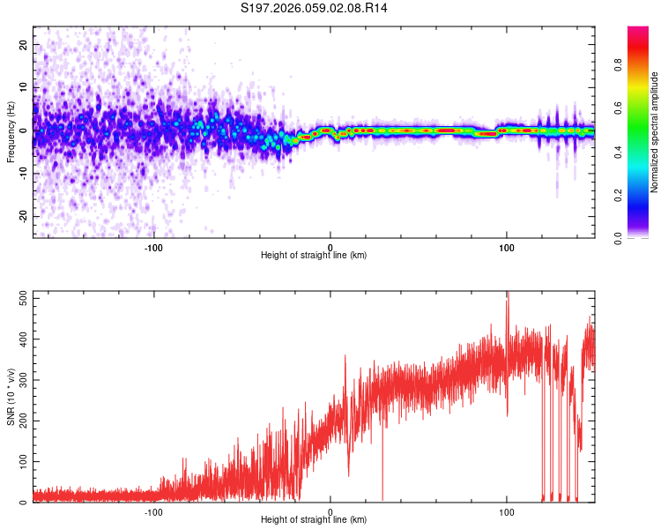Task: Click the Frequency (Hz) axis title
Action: pyautogui.click(x=11, y=131)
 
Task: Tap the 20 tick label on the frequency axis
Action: pyautogui.click(x=23, y=44)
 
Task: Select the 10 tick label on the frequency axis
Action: pyautogui.click(x=23, y=87)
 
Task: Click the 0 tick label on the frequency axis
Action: pyautogui.click(x=26, y=130)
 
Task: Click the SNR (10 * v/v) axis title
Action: pyautogui.click(x=11, y=397)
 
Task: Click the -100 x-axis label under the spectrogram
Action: pyautogui.click(x=154, y=246)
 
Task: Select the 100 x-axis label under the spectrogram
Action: pyautogui.click(x=507, y=246)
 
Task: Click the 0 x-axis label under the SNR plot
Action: pyautogui.click(x=330, y=510)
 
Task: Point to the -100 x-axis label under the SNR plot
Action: pyautogui.click(x=154, y=510)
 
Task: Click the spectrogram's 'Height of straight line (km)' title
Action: pyautogui.click(x=313, y=256)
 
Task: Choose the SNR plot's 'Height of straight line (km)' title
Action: pyautogui.click(x=313, y=520)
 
